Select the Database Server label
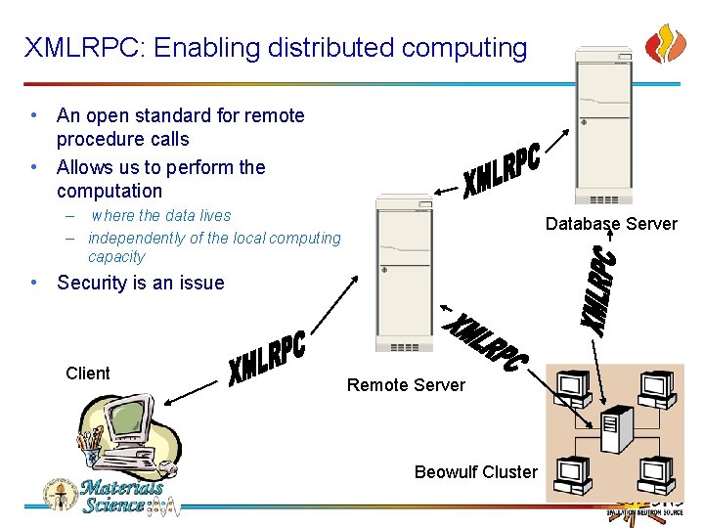611,224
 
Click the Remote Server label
406,385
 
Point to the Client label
88,373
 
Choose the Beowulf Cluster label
475,472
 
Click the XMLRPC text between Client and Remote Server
267,358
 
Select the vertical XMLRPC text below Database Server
599,291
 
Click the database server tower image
602,122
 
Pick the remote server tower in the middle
404,273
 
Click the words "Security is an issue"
140,283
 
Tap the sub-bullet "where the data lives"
161,215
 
